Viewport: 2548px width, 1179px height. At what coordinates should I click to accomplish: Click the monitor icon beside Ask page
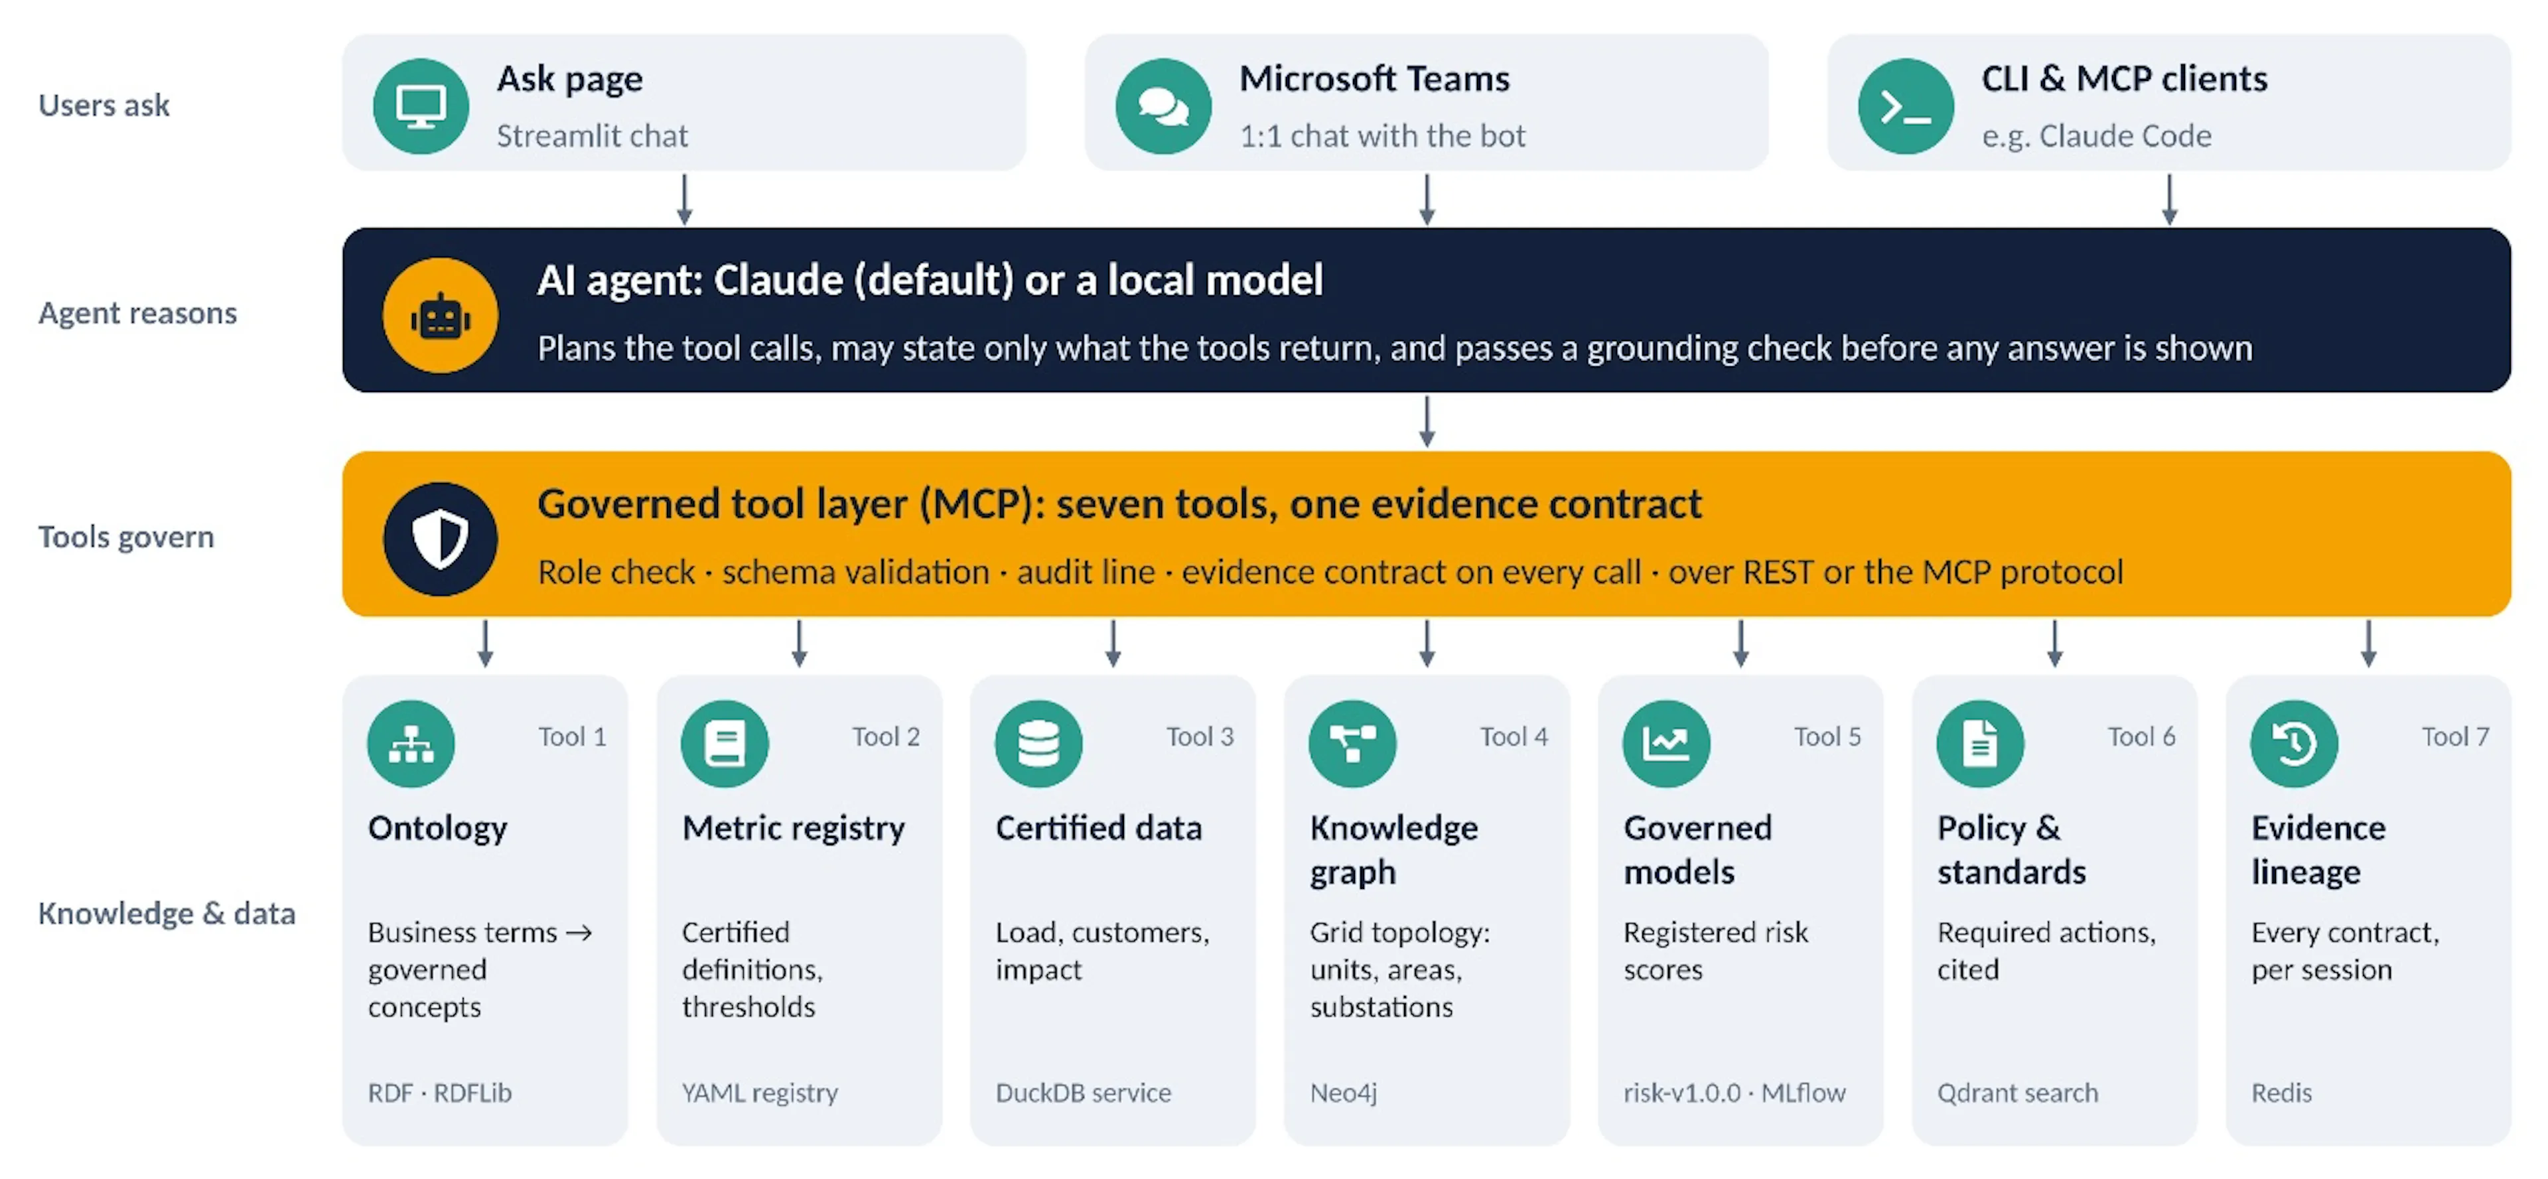pyautogui.click(x=421, y=106)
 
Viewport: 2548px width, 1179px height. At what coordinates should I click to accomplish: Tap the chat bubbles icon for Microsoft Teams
pyautogui.click(x=1163, y=106)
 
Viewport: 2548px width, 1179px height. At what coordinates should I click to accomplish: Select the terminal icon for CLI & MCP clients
pyautogui.click(x=1905, y=106)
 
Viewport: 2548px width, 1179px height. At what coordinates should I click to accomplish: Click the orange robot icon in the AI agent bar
pyautogui.click(x=440, y=316)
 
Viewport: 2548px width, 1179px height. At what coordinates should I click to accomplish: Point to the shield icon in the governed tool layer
pyautogui.click(x=440, y=539)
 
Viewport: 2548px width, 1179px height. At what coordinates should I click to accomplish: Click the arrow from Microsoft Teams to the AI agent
pyautogui.click(x=1427, y=200)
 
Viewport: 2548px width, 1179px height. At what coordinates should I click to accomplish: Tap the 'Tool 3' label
pyautogui.click(x=1200, y=737)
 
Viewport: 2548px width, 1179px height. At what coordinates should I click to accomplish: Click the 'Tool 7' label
pyautogui.click(x=2455, y=737)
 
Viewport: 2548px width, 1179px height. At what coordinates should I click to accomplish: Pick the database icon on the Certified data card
pyautogui.click(x=1038, y=744)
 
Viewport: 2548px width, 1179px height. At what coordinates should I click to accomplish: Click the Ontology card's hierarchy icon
pyautogui.click(x=411, y=744)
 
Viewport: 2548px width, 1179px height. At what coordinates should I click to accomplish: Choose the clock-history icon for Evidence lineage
pyautogui.click(x=2294, y=744)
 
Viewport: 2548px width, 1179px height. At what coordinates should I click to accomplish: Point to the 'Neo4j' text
pyautogui.click(x=1343, y=1093)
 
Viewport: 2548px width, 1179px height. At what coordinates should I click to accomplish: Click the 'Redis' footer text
pyautogui.click(x=2282, y=1093)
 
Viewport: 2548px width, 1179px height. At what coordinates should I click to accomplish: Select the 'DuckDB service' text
pyautogui.click(x=1083, y=1093)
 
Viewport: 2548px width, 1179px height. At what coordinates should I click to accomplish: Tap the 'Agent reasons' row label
pyautogui.click(x=137, y=314)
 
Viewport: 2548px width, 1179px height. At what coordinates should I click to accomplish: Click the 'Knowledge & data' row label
pyautogui.click(x=166, y=913)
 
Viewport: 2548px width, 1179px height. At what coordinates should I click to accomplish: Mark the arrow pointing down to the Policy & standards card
pyautogui.click(x=2054, y=644)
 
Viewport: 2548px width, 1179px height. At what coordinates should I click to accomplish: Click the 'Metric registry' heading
pyautogui.click(x=794, y=829)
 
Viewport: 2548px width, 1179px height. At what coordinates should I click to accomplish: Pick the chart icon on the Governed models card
pyautogui.click(x=1665, y=744)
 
